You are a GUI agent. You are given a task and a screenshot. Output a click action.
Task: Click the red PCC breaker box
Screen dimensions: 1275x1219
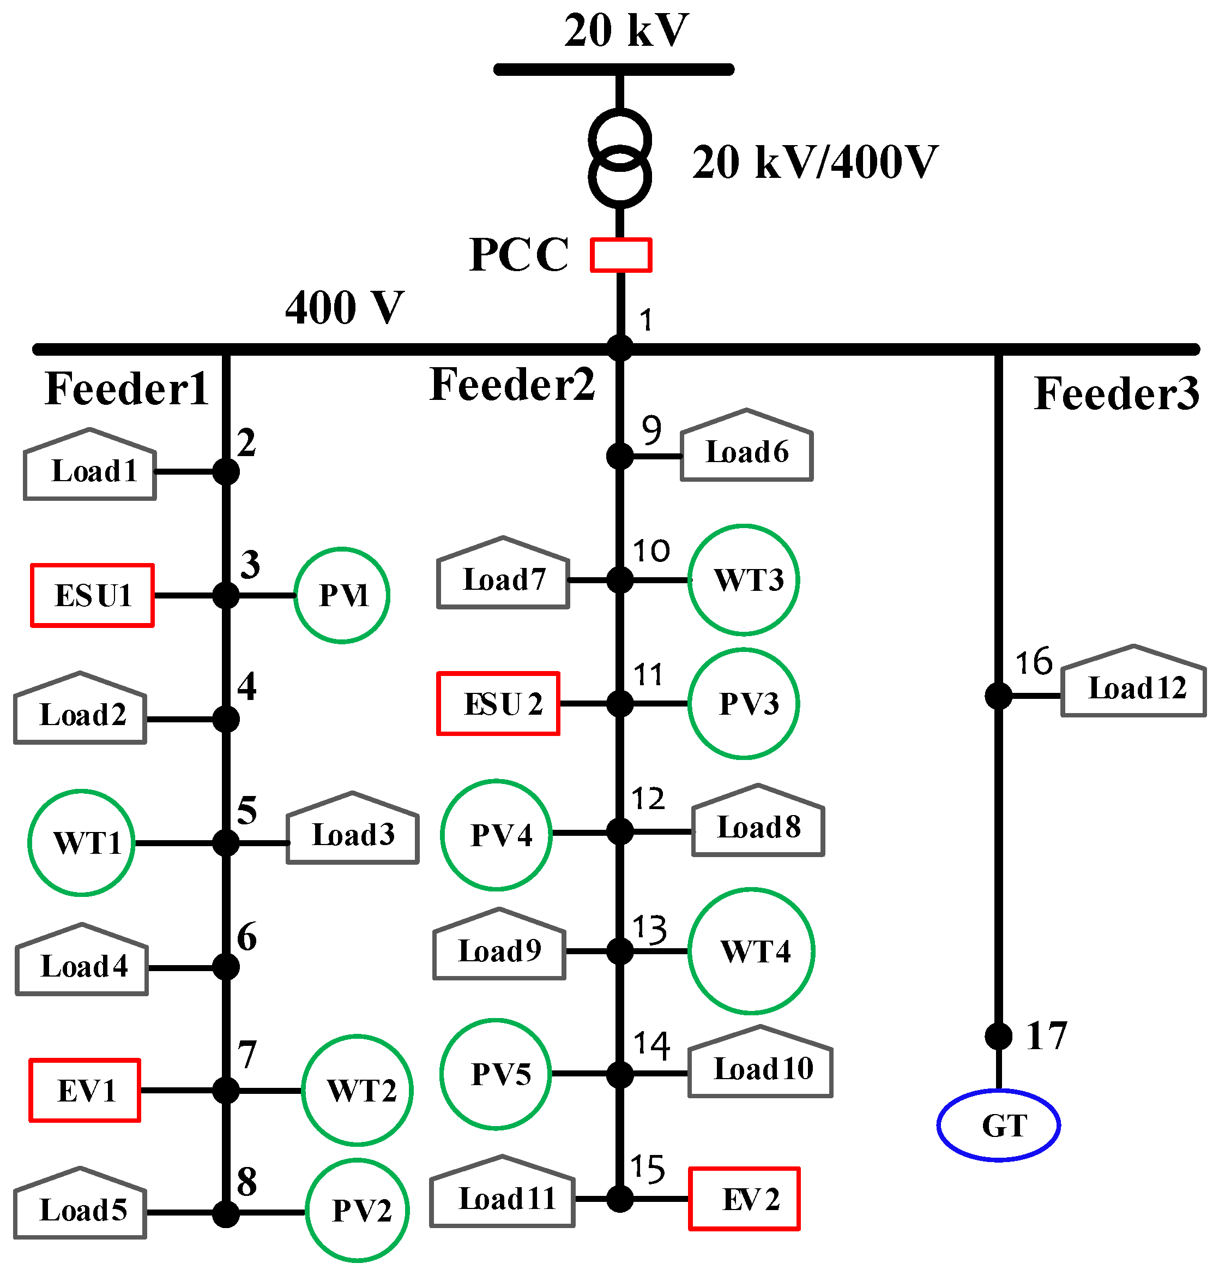(x=620, y=255)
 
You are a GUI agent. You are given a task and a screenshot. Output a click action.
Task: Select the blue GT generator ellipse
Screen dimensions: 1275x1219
(x=998, y=1125)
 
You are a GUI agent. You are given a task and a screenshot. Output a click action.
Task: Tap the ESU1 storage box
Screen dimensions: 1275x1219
(x=92, y=595)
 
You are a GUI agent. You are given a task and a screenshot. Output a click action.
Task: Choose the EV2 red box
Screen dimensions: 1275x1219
(x=744, y=1198)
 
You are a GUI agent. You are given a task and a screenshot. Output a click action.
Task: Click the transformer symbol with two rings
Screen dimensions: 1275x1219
(x=620, y=158)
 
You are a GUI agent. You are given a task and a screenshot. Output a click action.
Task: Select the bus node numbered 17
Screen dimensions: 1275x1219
(x=998, y=1035)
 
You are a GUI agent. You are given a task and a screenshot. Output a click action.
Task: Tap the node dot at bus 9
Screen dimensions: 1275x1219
(x=620, y=456)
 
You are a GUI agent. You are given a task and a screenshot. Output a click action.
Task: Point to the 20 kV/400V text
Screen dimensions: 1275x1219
(x=815, y=162)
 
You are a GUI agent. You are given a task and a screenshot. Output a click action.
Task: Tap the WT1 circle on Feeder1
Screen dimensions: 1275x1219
(x=82, y=842)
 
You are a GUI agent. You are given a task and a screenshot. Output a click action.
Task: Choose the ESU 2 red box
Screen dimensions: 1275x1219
(x=498, y=703)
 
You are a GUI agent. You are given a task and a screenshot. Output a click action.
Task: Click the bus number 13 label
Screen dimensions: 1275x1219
(x=649, y=929)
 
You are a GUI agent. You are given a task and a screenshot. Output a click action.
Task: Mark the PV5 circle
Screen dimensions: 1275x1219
(x=496, y=1074)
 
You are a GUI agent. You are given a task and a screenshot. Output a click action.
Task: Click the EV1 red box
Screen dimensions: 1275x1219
(x=85, y=1091)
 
